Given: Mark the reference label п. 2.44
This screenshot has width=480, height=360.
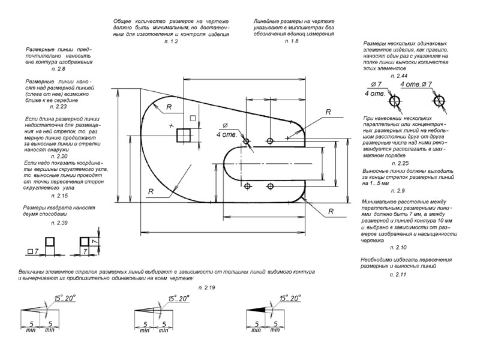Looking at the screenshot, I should [x=399, y=76].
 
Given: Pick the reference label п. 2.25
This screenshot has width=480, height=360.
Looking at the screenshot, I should [x=399, y=163].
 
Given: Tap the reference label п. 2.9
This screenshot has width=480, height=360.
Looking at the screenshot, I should [x=398, y=190].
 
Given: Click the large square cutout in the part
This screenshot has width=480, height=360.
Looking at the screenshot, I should [x=184, y=135].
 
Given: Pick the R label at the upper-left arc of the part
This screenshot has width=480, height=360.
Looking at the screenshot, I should [x=169, y=106].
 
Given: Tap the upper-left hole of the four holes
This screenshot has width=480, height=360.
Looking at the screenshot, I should [x=247, y=142].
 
